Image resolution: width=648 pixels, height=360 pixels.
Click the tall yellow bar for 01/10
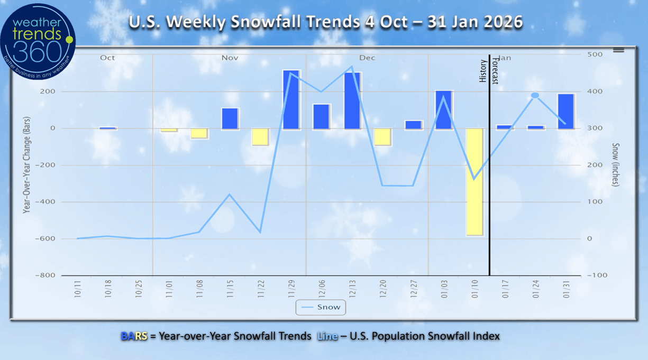point(474,181)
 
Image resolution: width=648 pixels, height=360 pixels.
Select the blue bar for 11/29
point(291,99)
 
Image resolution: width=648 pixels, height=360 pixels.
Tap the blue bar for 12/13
point(352,100)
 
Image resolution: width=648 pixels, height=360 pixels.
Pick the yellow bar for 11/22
point(260,136)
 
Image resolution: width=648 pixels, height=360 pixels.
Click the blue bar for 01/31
point(565,111)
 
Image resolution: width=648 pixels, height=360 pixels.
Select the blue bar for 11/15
point(230,118)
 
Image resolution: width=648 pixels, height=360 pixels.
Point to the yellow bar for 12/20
point(382,136)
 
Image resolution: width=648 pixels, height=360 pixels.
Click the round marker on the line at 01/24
point(535,96)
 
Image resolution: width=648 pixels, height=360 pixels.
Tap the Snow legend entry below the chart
point(321,307)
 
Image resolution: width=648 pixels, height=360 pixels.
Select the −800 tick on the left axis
point(46,275)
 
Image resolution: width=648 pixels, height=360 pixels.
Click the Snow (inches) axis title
point(616,165)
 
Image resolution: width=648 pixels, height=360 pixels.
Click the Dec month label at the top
point(367,58)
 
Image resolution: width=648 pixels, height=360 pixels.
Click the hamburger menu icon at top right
point(618,50)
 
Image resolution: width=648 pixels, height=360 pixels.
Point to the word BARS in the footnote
point(134,336)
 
